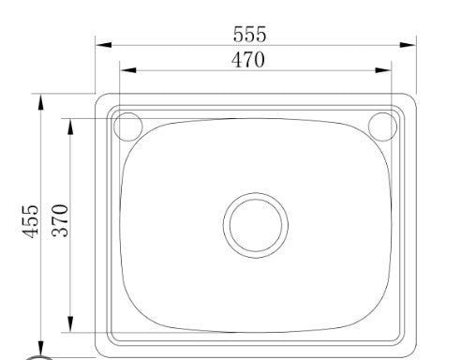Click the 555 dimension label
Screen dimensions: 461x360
point(250,34)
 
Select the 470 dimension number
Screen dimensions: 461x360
point(248,60)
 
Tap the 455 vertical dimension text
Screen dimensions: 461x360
point(31,221)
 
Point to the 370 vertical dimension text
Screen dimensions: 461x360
point(60,220)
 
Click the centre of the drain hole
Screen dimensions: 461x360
point(256,225)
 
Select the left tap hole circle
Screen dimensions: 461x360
point(114,127)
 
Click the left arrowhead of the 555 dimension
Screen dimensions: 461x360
point(104,45)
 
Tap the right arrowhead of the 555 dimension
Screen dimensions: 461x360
point(408,45)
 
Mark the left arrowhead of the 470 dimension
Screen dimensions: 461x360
point(128,70)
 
